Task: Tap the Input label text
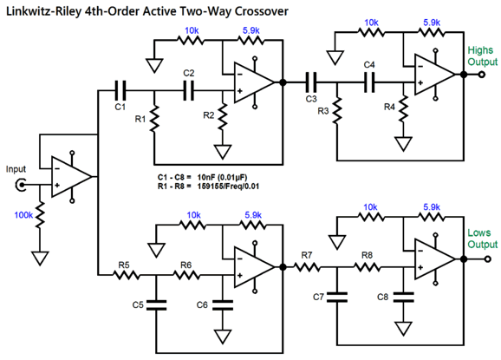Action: click(16, 168)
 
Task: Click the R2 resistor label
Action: click(207, 115)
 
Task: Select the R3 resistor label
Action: click(323, 111)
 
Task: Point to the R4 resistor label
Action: click(389, 107)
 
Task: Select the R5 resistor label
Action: click(124, 265)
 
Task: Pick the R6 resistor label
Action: click(185, 265)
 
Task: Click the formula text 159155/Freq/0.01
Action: click(224, 186)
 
